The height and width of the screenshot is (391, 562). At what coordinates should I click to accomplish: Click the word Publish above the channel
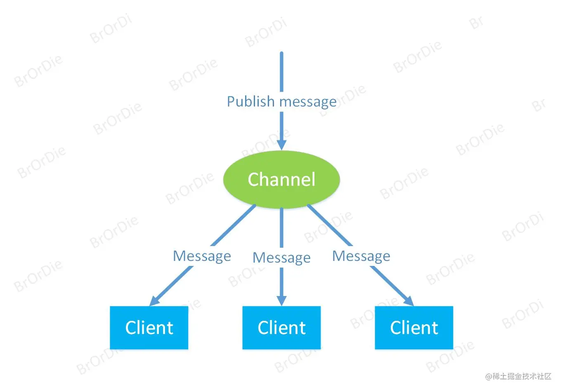[250, 102]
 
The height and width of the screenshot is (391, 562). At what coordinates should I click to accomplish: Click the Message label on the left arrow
[202, 256]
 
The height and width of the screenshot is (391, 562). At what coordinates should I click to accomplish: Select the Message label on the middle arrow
[281, 258]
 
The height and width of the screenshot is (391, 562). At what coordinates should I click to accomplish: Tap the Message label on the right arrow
[361, 256]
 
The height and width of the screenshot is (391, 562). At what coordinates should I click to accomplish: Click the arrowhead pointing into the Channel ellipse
[281, 145]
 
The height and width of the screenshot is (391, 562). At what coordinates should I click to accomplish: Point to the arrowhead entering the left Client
[155, 301]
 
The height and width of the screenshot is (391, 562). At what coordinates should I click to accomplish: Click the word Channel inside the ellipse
[281, 180]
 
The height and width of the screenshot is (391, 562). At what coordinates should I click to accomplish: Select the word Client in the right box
[414, 328]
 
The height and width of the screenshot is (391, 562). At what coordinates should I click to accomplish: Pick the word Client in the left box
[149, 328]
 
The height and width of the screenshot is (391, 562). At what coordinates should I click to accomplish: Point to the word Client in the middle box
[281, 328]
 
